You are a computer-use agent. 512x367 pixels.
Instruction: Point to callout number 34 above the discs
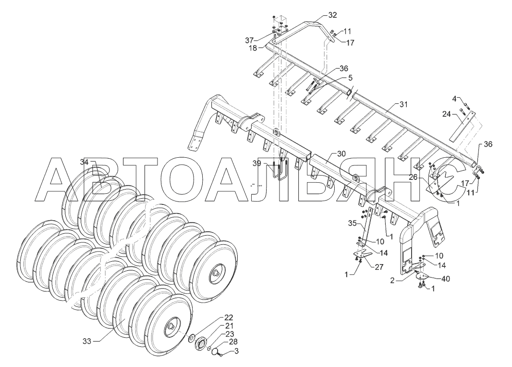click(x=84, y=162)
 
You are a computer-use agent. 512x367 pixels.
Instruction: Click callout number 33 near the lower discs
click(x=86, y=341)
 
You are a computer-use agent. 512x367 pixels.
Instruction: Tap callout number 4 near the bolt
click(x=454, y=99)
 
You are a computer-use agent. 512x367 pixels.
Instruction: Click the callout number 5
click(x=350, y=77)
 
